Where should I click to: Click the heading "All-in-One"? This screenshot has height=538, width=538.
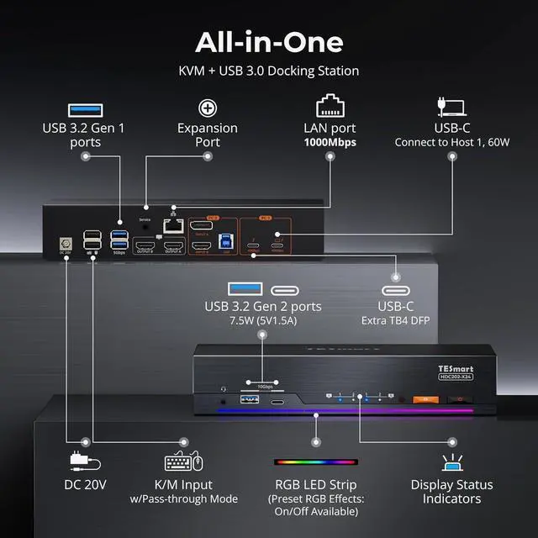point(268,41)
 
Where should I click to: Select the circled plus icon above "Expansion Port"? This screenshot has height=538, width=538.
point(208,108)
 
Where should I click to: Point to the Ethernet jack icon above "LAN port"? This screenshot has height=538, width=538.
point(330,107)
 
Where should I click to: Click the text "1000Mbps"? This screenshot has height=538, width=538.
point(330,142)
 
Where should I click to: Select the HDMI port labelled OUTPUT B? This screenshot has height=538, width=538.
point(143,246)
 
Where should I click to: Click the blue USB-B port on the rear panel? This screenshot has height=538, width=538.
point(225,243)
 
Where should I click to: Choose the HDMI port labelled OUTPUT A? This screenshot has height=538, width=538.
point(173,246)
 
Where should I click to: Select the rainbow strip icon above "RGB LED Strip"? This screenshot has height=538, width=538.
point(316,462)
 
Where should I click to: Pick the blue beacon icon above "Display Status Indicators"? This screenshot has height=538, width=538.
point(451,462)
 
